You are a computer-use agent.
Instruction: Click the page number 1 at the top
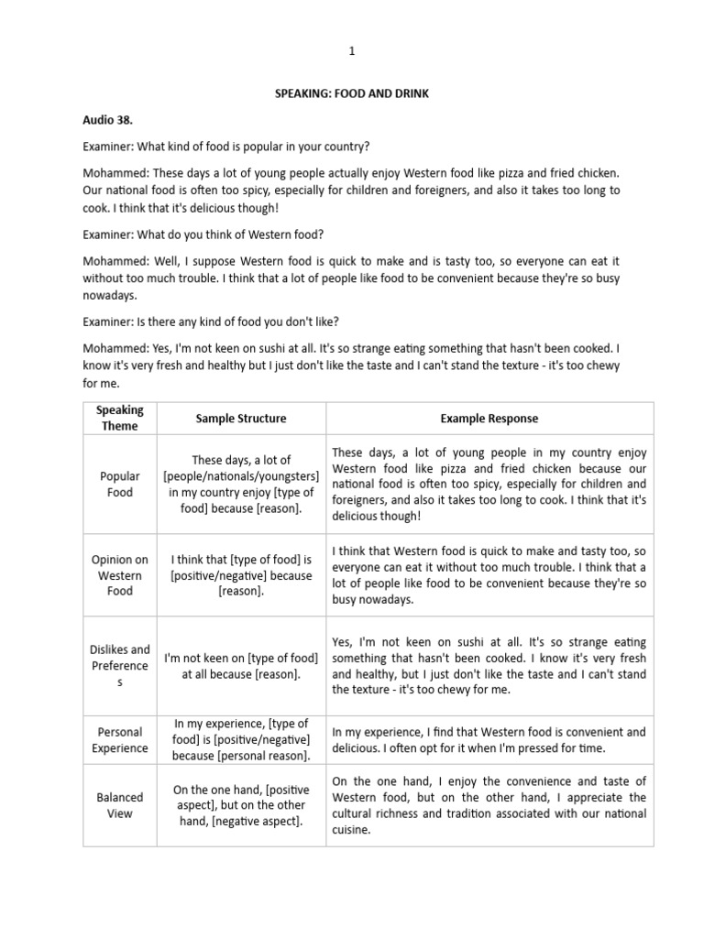pyautogui.click(x=351, y=52)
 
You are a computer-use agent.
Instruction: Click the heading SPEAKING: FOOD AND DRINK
pyautogui.click(x=352, y=94)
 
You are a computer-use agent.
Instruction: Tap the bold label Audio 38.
pyautogui.click(x=108, y=120)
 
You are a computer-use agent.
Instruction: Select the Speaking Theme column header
pyautogui.click(x=120, y=418)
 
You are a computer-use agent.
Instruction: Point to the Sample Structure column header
pyautogui.click(x=241, y=419)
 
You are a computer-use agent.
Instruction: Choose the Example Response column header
pyautogui.click(x=489, y=419)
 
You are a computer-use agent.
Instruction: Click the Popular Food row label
pyautogui.click(x=120, y=484)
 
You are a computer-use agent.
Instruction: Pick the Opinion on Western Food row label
pyautogui.click(x=120, y=575)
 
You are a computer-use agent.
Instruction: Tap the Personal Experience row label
pyautogui.click(x=120, y=740)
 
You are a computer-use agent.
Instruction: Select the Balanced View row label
pyautogui.click(x=120, y=805)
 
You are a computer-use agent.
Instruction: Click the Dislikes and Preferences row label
pyautogui.click(x=120, y=666)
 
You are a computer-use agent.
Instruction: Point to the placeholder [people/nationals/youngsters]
pyautogui.click(x=241, y=476)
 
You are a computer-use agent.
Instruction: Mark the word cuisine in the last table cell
pyautogui.click(x=351, y=830)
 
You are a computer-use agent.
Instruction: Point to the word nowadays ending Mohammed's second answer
pyautogui.click(x=109, y=296)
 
